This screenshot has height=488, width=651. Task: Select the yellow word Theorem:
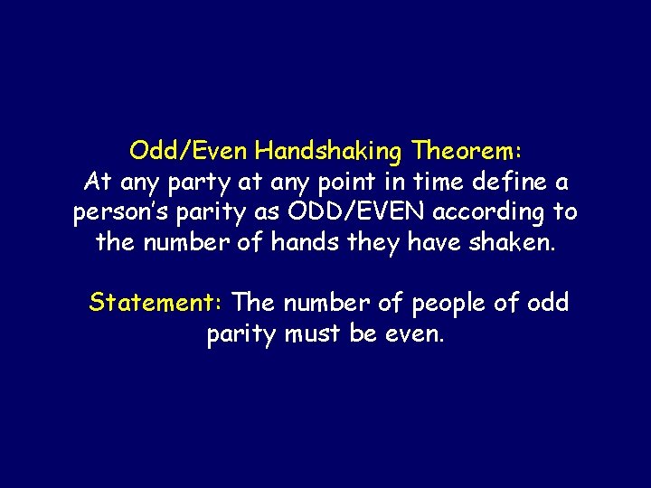[x=468, y=148]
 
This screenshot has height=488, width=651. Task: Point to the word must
[x=313, y=334]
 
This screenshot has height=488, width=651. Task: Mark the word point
[x=353, y=183]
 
